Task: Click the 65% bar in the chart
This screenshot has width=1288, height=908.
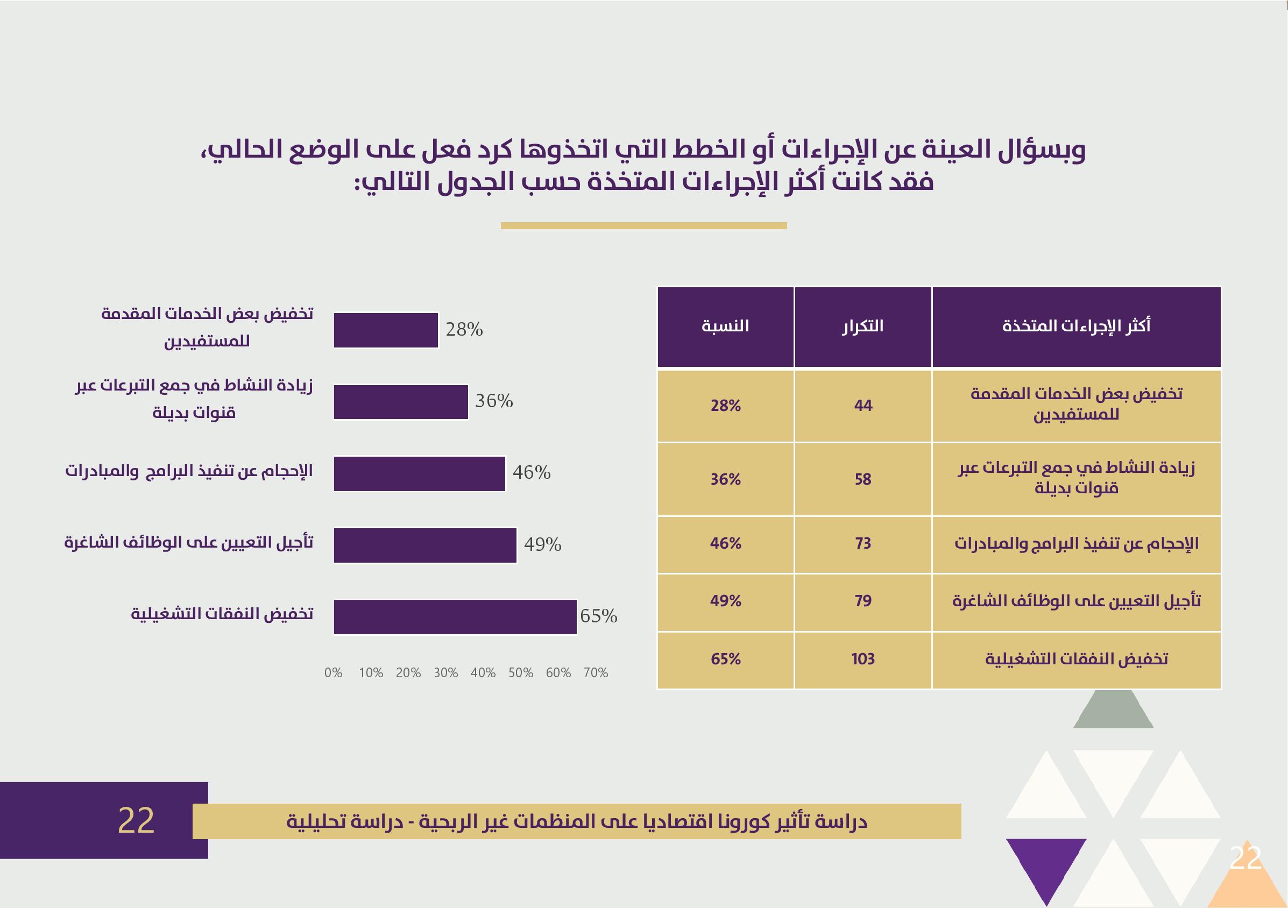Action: [x=455, y=617]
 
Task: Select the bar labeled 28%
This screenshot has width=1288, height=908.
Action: [x=385, y=330]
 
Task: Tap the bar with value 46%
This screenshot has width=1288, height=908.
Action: [x=419, y=474]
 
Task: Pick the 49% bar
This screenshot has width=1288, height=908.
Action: [x=424, y=545]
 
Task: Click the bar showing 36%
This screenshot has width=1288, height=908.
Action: [x=400, y=402]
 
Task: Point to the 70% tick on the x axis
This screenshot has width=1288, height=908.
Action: [x=595, y=673]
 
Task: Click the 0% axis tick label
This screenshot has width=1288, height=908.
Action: [x=333, y=673]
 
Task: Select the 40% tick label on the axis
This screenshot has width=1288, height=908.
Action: [x=483, y=673]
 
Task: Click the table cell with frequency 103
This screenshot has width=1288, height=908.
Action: [x=863, y=659]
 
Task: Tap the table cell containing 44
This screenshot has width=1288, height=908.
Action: [x=863, y=406]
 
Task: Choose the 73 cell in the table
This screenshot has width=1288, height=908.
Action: [x=863, y=543]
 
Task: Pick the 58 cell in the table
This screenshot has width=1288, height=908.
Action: [x=863, y=479]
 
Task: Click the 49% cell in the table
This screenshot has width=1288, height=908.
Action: [x=725, y=601]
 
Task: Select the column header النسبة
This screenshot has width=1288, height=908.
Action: [x=725, y=327]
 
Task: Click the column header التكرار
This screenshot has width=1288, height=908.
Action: [x=863, y=327]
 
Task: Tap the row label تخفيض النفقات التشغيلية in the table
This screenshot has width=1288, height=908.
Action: [x=1077, y=659]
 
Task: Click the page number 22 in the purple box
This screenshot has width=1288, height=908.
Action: [x=136, y=820]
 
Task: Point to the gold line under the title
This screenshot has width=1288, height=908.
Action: [x=643, y=225]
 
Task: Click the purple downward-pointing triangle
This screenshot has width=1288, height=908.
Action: [x=1046, y=870]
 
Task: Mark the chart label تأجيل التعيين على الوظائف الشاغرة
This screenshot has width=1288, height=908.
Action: [x=189, y=543]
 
